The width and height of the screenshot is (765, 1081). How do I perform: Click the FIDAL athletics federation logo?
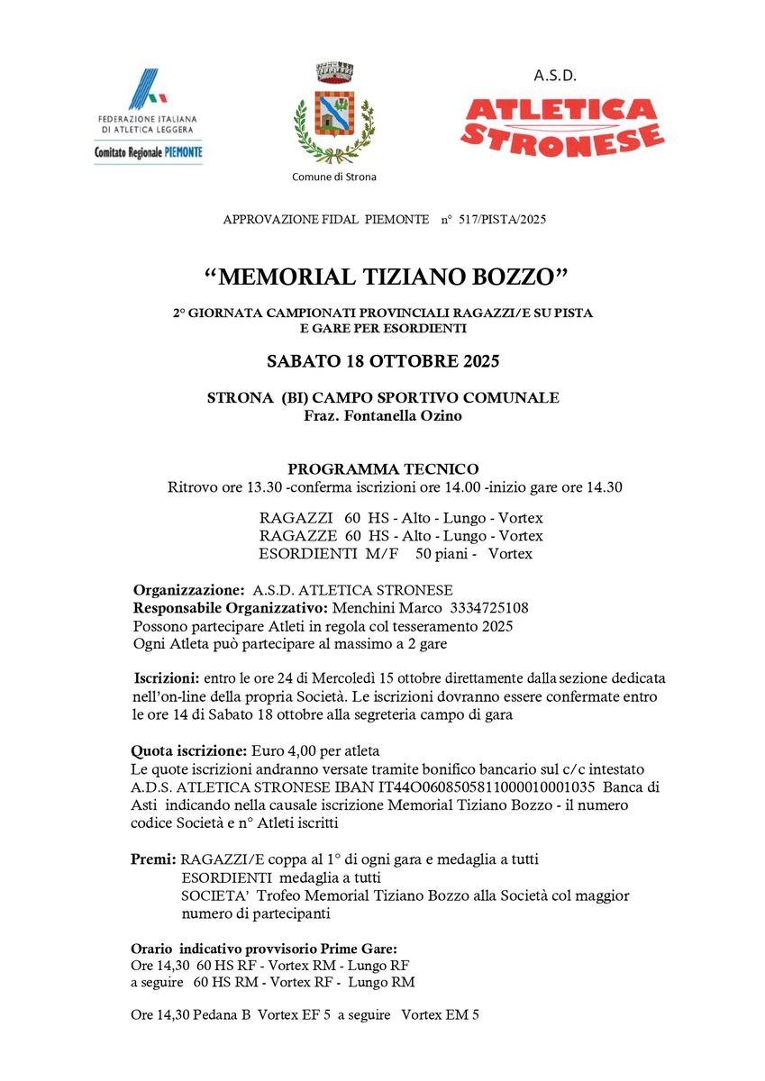coord(149,115)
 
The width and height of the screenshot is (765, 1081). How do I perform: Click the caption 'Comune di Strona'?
coord(334,177)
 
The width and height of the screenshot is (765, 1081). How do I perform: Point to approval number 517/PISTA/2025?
coord(502,219)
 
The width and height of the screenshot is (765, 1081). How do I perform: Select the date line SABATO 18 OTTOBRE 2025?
coord(383,362)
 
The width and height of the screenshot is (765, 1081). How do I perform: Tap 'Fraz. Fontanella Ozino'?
coord(383,414)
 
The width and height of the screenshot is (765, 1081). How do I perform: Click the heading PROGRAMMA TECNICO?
coord(383,468)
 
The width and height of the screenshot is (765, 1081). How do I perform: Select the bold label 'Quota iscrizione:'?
coord(188,749)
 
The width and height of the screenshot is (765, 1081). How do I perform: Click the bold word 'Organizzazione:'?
coord(188,590)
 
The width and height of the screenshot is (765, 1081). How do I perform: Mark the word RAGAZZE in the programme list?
coord(296,536)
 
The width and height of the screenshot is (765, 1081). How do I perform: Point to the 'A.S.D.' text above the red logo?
coord(555,76)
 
